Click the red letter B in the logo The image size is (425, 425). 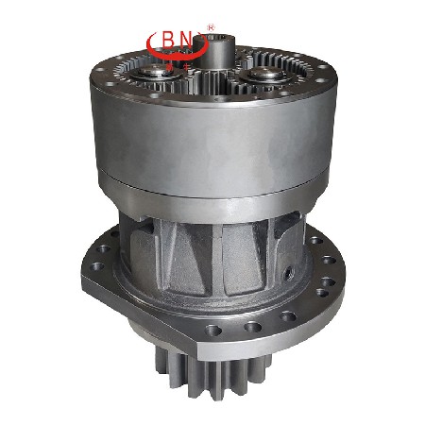(x=168, y=41)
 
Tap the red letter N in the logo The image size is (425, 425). (x=186, y=41)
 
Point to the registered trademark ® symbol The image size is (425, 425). (x=211, y=27)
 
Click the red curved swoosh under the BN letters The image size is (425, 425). (x=177, y=54)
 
